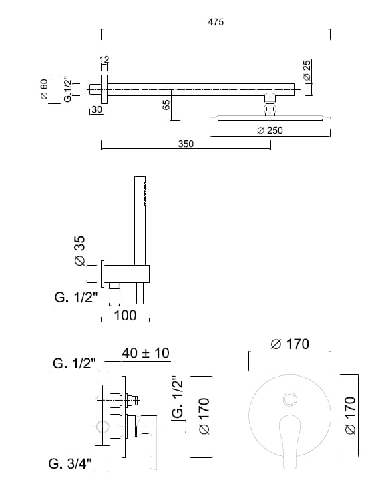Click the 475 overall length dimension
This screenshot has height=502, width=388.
[x=216, y=22]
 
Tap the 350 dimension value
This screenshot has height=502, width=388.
[x=186, y=144]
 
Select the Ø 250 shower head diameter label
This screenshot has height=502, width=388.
[x=270, y=130]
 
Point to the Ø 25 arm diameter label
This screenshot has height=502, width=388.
[x=307, y=71]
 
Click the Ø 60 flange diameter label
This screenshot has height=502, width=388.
[x=44, y=89]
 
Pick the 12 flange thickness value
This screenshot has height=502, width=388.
[x=104, y=59]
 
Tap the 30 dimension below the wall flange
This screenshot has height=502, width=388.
[x=97, y=109]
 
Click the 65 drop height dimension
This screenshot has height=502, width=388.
[x=166, y=105]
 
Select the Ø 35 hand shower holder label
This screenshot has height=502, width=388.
[x=79, y=251]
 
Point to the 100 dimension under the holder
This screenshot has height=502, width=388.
[x=126, y=315]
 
